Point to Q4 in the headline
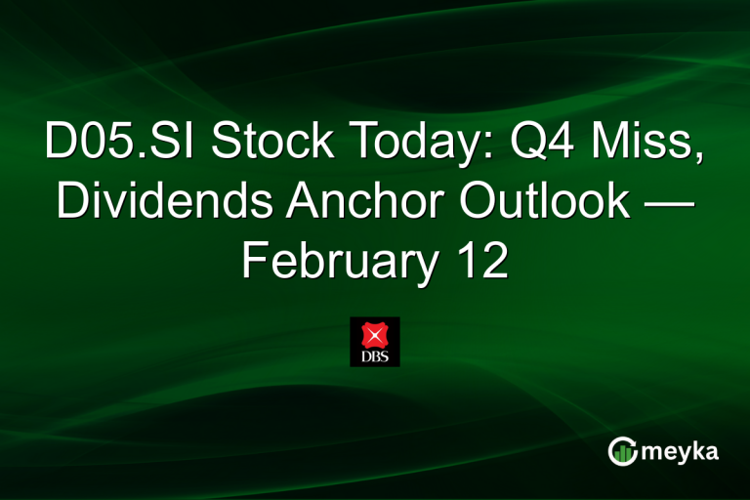point(526,144)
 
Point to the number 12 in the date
point(479,260)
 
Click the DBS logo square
point(375,342)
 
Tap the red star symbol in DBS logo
point(375,335)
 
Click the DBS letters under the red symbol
point(375,356)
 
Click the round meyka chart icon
point(622,451)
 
